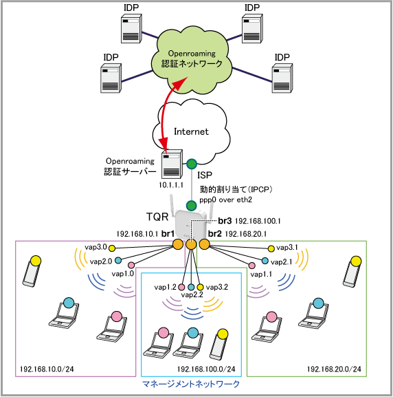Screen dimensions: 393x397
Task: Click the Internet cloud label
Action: tap(191, 131)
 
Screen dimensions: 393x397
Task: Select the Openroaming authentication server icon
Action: tap(172, 164)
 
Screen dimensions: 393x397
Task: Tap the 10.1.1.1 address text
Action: tap(171, 185)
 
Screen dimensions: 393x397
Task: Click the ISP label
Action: tap(205, 175)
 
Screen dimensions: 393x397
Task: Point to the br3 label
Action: tap(225, 221)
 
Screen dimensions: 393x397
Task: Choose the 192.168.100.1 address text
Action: tap(258, 222)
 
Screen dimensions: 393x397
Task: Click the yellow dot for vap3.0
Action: tap(112, 248)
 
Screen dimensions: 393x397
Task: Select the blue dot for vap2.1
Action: tap(265, 261)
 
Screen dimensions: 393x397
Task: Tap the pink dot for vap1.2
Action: tap(181, 287)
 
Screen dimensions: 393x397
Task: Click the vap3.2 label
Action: tap(217, 287)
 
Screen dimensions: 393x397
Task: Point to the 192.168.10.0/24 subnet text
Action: tap(47, 369)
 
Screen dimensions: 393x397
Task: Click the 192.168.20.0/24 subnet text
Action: tap(334, 369)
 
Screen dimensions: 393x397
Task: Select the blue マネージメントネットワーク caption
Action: tap(191, 384)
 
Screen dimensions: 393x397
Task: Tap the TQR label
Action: tap(157, 217)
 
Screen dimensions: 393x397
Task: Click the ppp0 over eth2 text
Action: tap(225, 200)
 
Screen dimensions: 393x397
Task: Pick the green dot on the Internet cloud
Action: tap(192, 164)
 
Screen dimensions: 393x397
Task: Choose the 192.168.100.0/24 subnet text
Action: tap(206, 369)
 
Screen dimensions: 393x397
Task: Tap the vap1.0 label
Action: tap(123, 274)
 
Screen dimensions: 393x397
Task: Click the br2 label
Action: tap(215, 234)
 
